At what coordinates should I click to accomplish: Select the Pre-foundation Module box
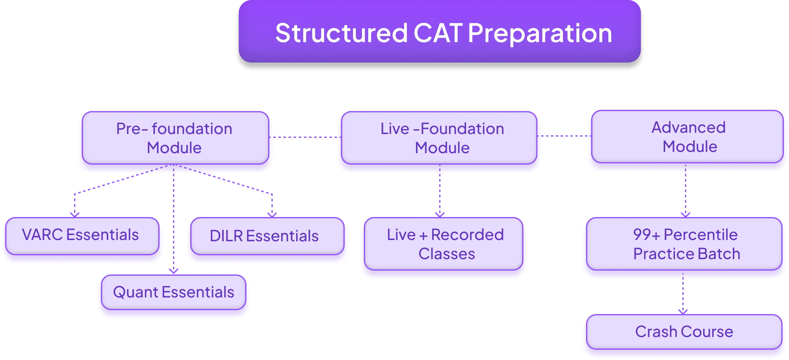(x=175, y=138)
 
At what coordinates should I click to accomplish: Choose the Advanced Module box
(x=688, y=137)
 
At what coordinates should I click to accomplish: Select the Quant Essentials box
(x=174, y=292)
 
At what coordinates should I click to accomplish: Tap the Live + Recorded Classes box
(x=444, y=244)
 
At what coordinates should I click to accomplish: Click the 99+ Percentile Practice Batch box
(x=684, y=244)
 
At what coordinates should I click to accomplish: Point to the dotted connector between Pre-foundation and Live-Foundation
(x=305, y=137)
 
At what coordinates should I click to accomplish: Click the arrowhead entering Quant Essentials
(x=173, y=271)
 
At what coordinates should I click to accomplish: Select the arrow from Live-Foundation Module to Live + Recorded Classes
(x=440, y=195)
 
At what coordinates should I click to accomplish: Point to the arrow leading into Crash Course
(x=683, y=297)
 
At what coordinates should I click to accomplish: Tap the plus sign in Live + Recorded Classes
(x=423, y=236)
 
